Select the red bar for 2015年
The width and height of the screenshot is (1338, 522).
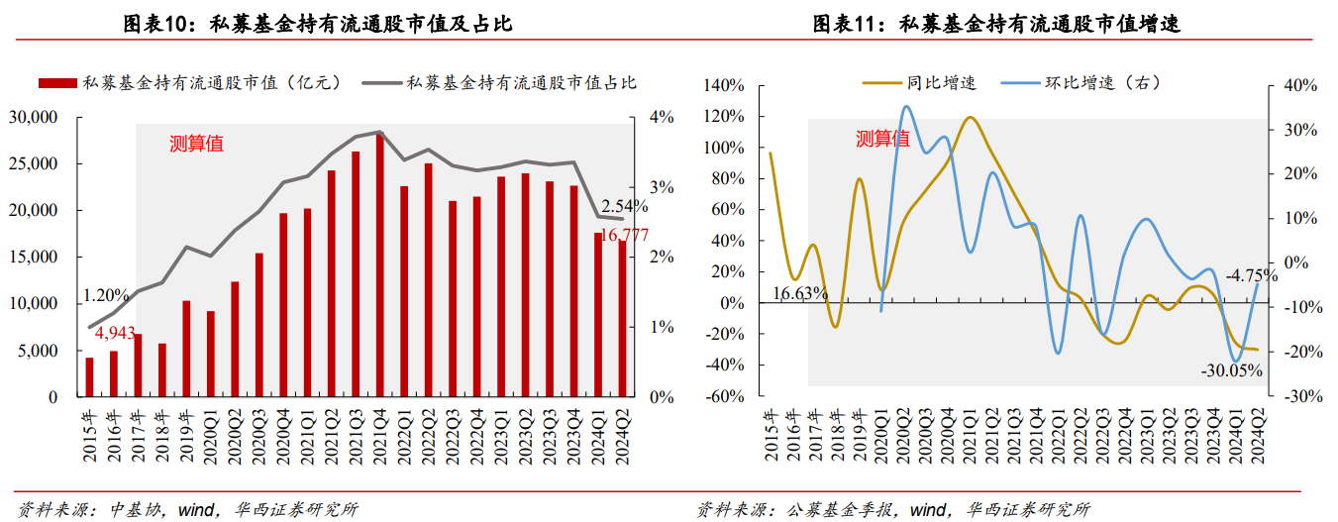(x=89, y=377)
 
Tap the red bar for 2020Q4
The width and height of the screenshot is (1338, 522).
(x=283, y=305)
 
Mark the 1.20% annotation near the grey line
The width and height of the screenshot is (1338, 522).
(x=106, y=295)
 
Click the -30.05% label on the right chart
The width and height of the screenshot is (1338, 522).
(x=1232, y=370)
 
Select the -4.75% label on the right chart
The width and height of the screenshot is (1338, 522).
(x=1249, y=276)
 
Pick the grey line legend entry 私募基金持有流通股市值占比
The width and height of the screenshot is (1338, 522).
(x=505, y=83)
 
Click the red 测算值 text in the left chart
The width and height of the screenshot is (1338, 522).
(x=196, y=144)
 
